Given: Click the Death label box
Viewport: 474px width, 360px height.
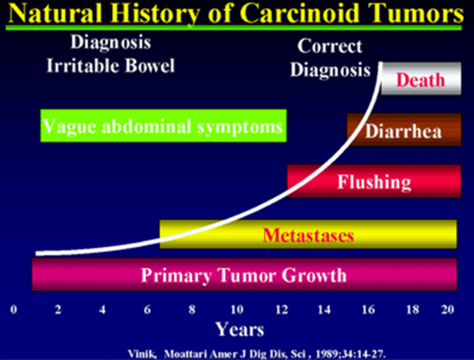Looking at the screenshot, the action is pos(421,78).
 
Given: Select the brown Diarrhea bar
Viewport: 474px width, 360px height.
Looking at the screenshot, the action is pos(404,130).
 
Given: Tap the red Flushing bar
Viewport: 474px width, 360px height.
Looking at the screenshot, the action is pos(374,181).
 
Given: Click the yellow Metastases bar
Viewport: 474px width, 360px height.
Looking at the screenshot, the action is pos(308,234).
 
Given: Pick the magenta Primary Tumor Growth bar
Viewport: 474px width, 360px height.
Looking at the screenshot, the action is pos(244,274).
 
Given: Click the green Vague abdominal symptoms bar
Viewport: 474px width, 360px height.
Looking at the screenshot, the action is pos(164,126).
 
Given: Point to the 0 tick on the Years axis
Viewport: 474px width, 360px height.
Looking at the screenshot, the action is pos(14,309).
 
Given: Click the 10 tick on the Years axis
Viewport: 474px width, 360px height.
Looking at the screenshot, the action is pos(237,309).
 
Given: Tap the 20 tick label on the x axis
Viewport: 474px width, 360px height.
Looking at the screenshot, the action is pos(447,309).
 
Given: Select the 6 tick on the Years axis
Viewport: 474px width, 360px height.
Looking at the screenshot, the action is pos(147,309).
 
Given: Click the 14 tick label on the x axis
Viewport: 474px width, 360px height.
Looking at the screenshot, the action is pos(324,309).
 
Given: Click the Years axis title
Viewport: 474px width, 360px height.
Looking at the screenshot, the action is pos(240,329).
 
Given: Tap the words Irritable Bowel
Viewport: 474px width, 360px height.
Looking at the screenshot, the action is pos(110,65).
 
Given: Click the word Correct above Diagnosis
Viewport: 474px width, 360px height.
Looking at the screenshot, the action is pos(329,47).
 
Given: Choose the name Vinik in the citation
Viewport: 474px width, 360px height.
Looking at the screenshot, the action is pos(142,354).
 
